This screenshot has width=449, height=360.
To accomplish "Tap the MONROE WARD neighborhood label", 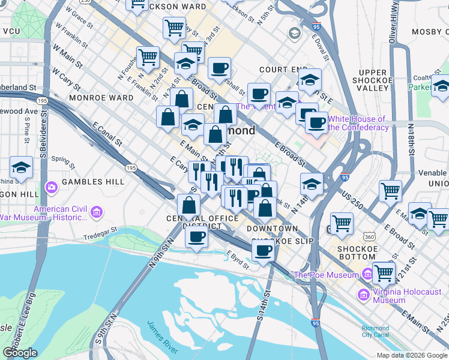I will tap(100, 97).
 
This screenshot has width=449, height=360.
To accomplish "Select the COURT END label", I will tap(278, 70).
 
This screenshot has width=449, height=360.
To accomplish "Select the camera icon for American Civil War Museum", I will tap(97, 212).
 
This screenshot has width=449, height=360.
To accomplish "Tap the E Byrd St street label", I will tap(238, 257).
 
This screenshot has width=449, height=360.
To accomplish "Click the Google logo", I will tap(20, 353).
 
